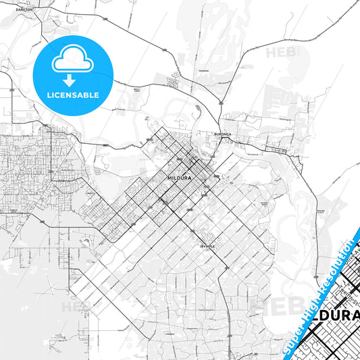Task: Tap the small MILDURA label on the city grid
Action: pyautogui.click(x=178, y=178)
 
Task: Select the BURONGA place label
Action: pyautogui.click(x=224, y=134)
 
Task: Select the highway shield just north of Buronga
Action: pyautogui.click(x=221, y=103)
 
